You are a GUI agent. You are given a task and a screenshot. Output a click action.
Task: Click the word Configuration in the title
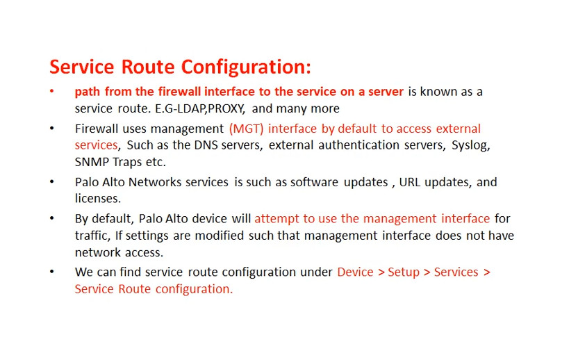(x=246, y=67)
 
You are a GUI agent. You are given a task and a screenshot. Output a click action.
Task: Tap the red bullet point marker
(x=52, y=91)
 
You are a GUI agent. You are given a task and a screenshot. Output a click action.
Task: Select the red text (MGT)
(x=246, y=129)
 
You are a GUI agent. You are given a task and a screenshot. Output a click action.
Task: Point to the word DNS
(x=206, y=145)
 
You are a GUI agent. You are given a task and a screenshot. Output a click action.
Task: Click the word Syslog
(x=470, y=146)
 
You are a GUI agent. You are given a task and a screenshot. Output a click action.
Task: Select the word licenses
(x=98, y=199)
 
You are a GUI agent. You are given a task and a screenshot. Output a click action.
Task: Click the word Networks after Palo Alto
(x=155, y=182)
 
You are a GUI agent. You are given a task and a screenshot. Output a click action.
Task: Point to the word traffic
(x=92, y=236)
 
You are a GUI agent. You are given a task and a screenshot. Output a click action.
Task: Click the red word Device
(x=355, y=272)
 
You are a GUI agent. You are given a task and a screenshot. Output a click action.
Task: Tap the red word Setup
(x=404, y=272)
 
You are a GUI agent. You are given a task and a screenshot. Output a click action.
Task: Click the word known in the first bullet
(x=438, y=92)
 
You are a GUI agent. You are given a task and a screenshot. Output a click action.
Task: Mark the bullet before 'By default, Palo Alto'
(x=52, y=218)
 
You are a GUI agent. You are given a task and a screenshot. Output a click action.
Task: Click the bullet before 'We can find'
(x=52, y=272)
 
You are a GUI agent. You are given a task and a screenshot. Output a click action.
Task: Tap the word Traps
(x=126, y=162)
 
